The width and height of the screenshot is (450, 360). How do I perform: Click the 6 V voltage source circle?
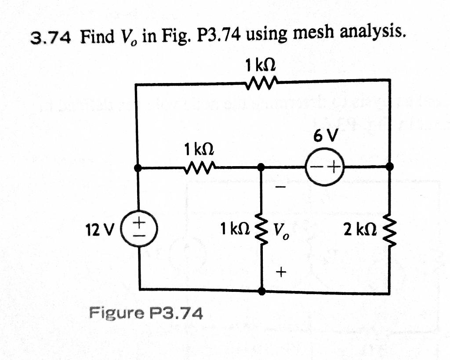click(x=325, y=167)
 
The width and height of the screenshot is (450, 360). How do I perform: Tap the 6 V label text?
click(x=326, y=137)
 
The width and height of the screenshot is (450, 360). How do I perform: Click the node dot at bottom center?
click(x=261, y=291)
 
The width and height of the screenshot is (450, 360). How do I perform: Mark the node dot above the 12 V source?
click(x=138, y=167)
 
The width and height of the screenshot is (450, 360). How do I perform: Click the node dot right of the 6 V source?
click(x=389, y=167)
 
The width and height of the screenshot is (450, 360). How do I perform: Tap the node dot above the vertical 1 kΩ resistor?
click(x=261, y=167)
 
